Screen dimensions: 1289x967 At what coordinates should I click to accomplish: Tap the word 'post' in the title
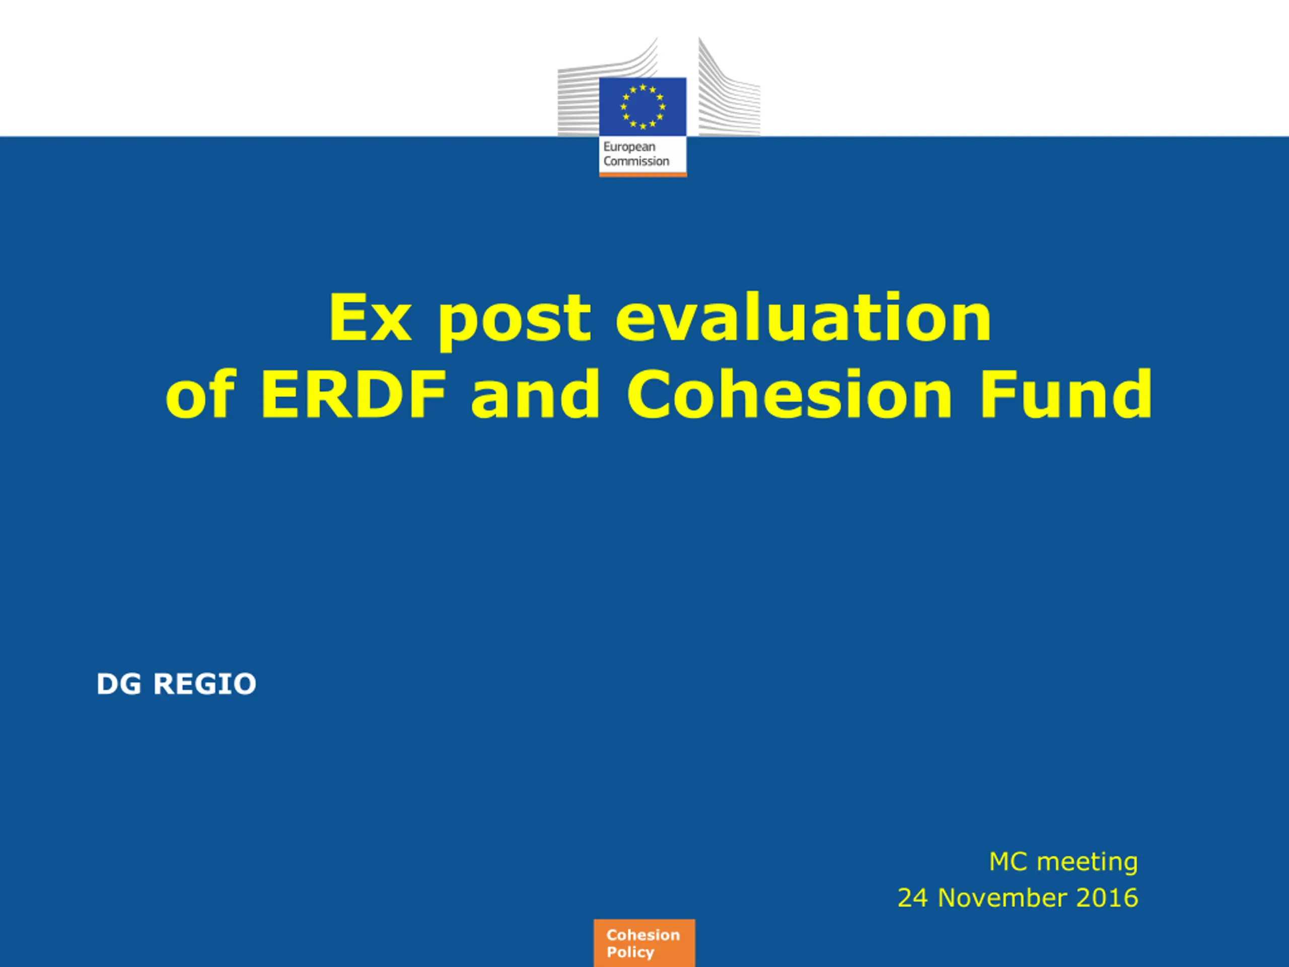pyautogui.click(x=515, y=321)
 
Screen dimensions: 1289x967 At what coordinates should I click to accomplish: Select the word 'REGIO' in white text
pyautogui.click(x=204, y=684)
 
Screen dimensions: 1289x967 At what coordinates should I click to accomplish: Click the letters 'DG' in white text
pyautogui.click(x=119, y=684)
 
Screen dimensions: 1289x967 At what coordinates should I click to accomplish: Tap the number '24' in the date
pyautogui.click(x=912, y=897)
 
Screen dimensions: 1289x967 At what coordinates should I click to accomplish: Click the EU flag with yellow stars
pyautogui.click(x=643, y=107)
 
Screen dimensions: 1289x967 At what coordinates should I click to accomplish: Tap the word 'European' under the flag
pyautogui.click(x=629, y=148)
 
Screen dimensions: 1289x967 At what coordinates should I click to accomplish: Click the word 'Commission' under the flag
pyautogui.click(x=636, y=161)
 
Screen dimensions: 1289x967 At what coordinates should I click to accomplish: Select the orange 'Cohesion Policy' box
pyautogui.click(x=644, y=943)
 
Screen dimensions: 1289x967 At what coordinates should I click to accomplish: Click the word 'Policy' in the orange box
pyautogui.click(x=630, y=952)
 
